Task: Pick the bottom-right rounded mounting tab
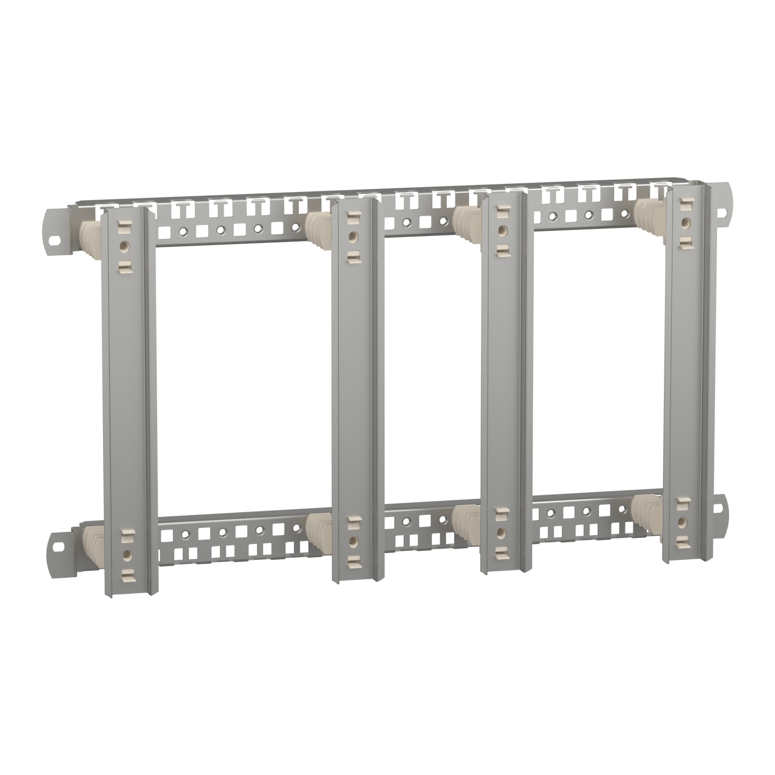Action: [x=722, y=506]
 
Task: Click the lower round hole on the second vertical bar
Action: [x=352, y=541]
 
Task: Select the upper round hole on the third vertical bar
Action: [x=502, y=230]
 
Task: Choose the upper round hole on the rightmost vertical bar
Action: [x=685, y=222]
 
